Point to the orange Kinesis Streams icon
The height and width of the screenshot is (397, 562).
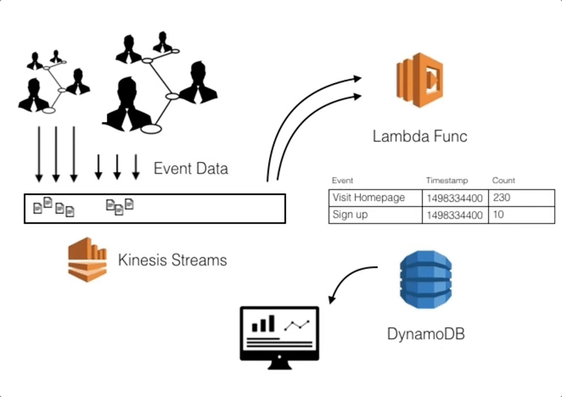tap(87, 260)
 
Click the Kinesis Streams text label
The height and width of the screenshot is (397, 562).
tap(172, 260)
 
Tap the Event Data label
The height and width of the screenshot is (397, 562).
tap(190, 169)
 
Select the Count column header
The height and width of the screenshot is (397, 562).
tap(503, 181)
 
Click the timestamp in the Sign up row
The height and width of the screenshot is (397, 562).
tap(454, 215)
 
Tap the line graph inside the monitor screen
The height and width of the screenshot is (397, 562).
tap(296, 324)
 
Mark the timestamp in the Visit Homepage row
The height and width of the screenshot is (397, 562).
tap(454, 198)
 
